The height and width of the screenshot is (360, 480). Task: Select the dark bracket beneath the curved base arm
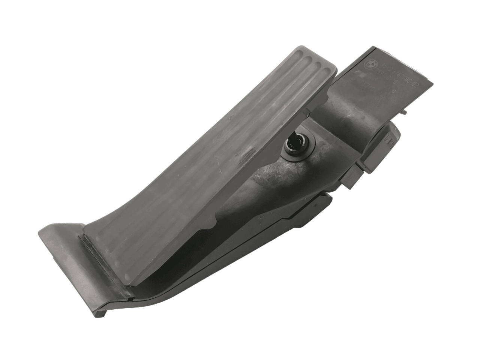pos(296,214)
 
